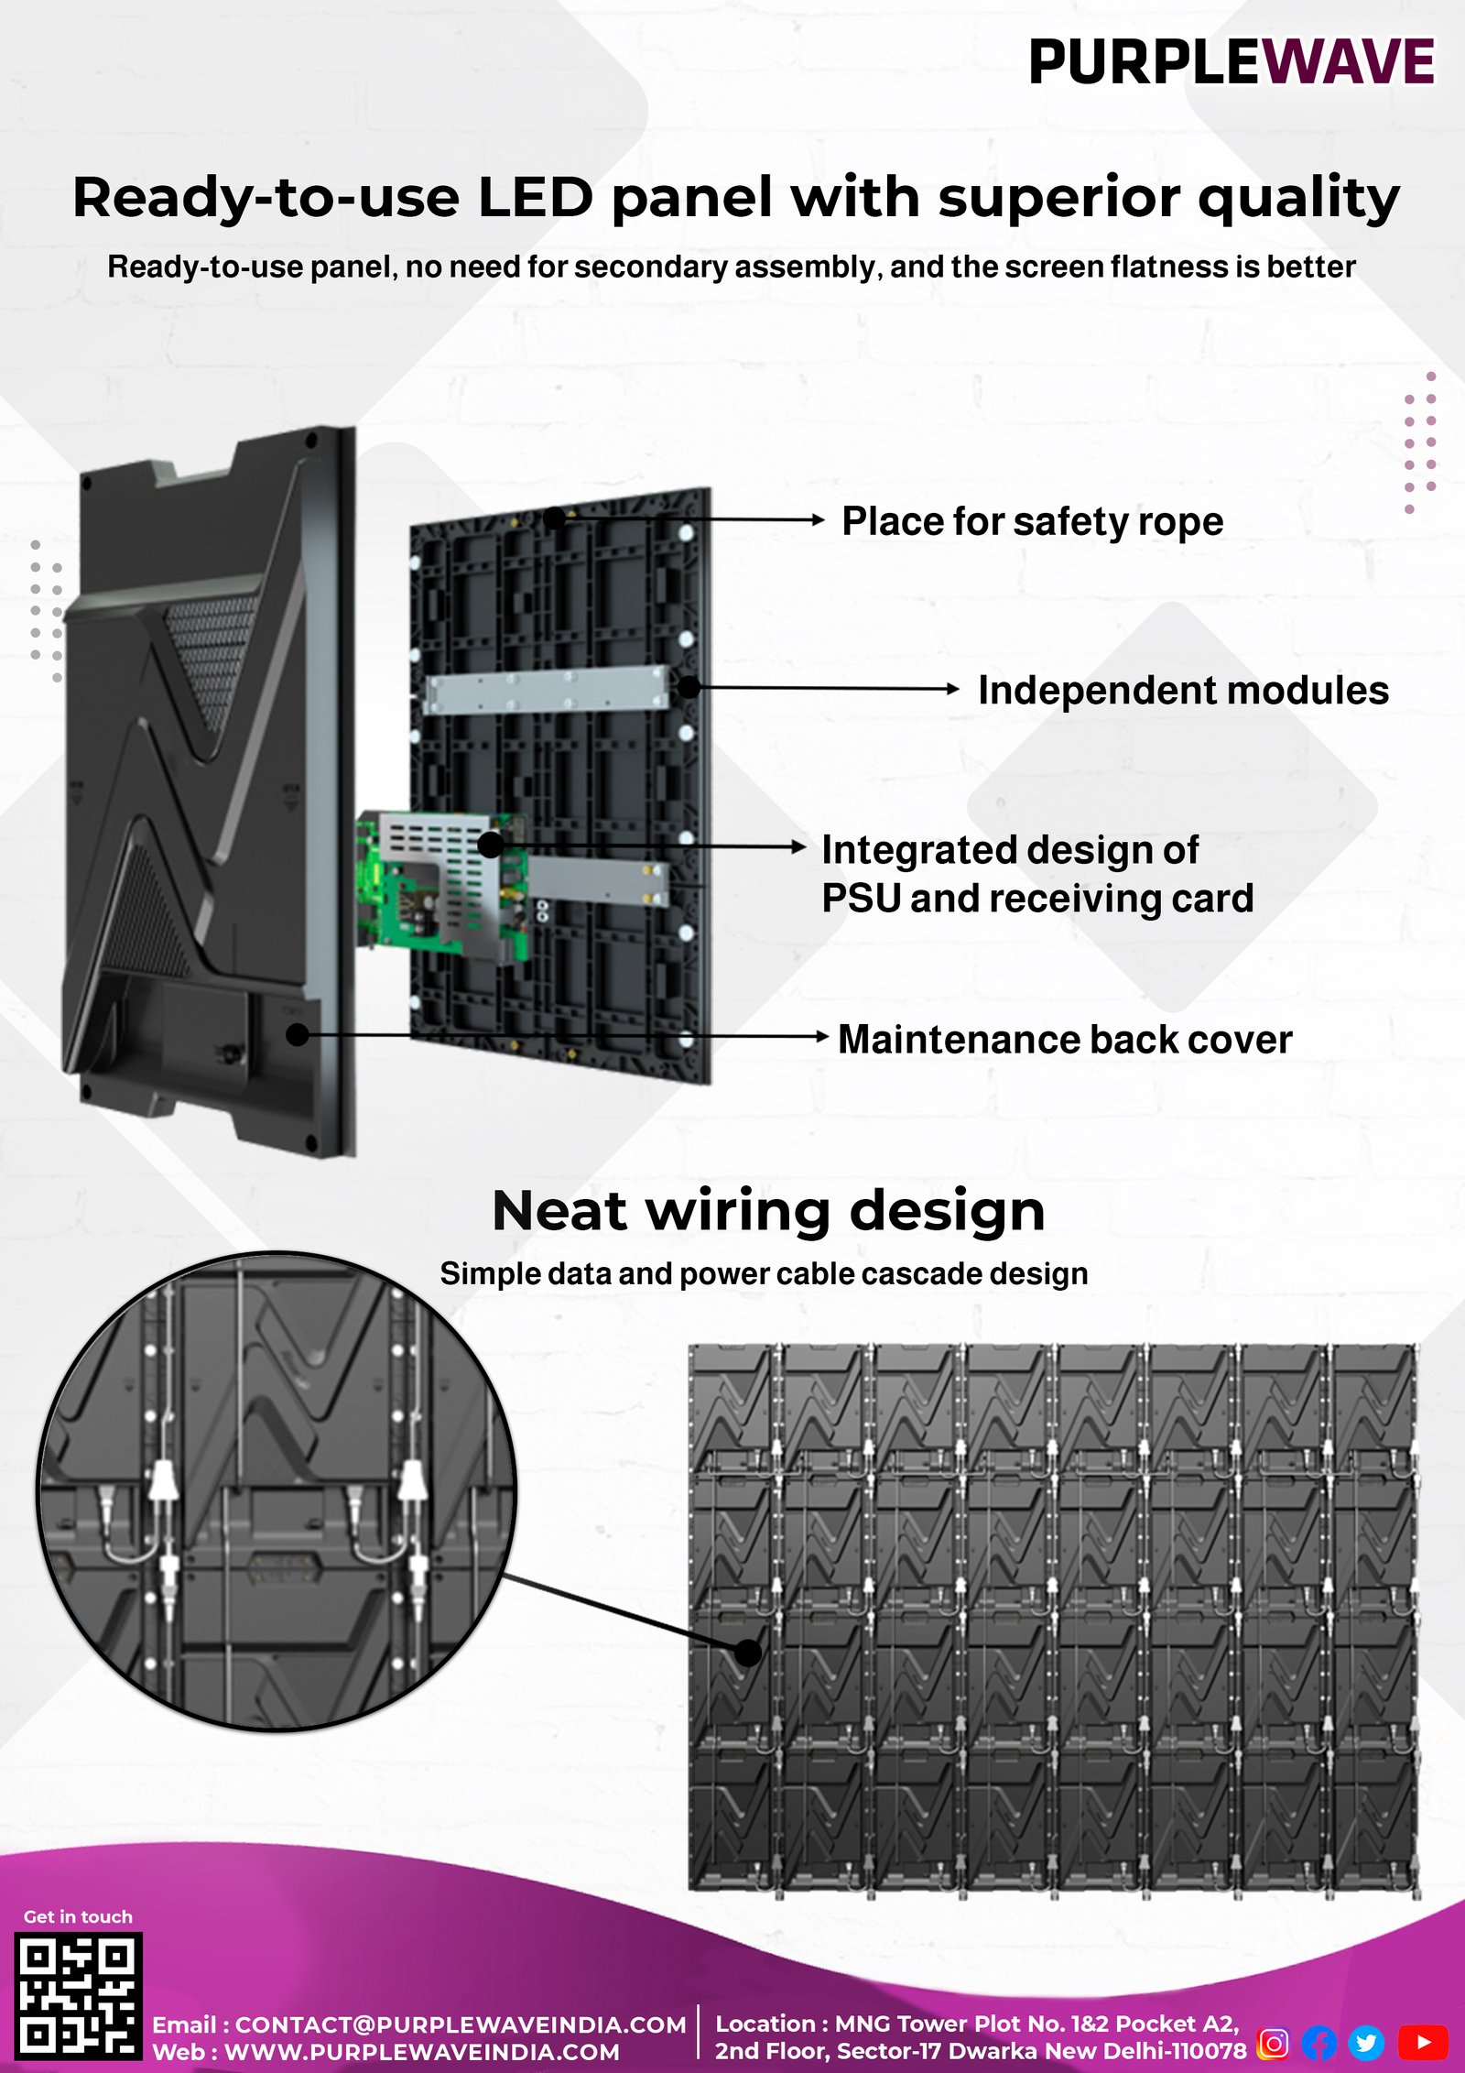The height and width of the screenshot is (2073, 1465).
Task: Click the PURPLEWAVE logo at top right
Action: click(1231, 62)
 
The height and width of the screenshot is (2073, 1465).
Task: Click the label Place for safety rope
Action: click(1032, 521)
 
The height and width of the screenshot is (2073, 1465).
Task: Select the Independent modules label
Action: click(1182, 691)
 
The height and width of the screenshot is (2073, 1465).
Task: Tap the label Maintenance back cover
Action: click(1064, 1040)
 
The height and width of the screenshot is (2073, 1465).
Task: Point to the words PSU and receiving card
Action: click(1036, 899)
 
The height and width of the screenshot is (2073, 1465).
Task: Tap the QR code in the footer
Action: click(78, 1995)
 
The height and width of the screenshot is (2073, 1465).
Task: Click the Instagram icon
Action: click(1273, 2042)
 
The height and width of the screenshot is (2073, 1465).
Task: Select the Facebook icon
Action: click(1319, 2042)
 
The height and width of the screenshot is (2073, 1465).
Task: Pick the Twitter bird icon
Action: click(1366, 2042)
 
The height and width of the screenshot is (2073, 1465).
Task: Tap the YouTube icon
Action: click(1423, 2042)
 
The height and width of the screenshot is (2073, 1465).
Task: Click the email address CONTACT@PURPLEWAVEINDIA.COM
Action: click(460, 2024)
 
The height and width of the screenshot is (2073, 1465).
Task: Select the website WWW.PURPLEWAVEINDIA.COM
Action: click(421, 2052)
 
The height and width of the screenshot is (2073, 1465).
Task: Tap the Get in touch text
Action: click(78, 1916)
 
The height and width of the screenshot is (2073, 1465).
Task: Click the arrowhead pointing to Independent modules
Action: click(953, 689)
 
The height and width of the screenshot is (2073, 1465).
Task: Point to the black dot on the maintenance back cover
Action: click(298, 1035)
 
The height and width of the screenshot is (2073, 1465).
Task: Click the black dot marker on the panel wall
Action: click(748, 1653)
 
